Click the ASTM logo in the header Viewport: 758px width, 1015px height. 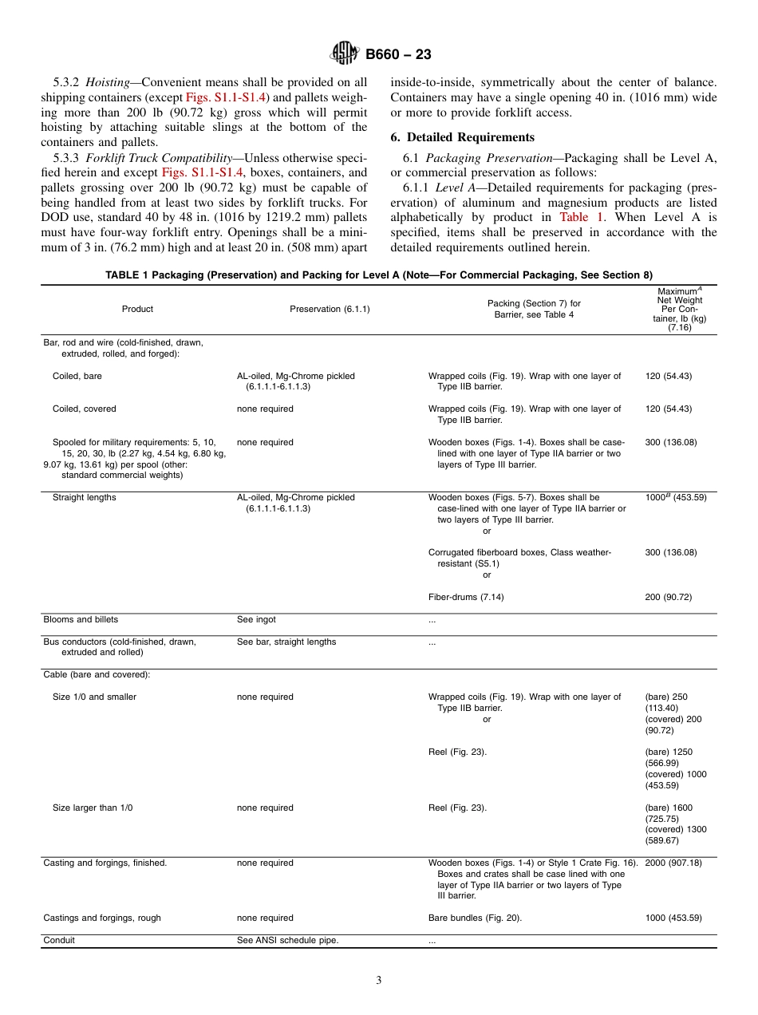pyautogui.click(x=345, y=54)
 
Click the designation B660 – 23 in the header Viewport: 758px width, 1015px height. pyautogui.click(x=398, y=55)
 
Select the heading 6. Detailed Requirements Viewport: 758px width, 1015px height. pyautogui.click(x=463, y=137)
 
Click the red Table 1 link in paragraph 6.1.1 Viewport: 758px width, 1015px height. pyautogui.click(x=574, y=217)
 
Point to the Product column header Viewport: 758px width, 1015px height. pyautogui.click(x=137, y=309)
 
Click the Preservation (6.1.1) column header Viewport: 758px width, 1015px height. pyautogui.click(x=330, y=309)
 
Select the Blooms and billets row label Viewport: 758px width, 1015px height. pyautogui.click(x=81, y=619)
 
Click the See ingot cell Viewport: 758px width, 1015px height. pyautogui.click(x=256, y=619)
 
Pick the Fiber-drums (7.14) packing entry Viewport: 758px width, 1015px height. pyautogui.click(x=466, y=597)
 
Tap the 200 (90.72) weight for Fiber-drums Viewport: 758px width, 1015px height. pyautogui.click(x=668, y=597)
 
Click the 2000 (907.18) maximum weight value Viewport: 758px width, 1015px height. pyautogui.click(x=673, y=863)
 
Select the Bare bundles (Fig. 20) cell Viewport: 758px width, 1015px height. pyautogui.click(x=475, y=918)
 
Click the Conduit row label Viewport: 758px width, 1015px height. pyautogui.click(x=59, y=940)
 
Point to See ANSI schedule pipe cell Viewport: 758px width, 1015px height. pyautogui.click(x=287, y=940)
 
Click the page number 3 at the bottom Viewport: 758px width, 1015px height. pyautogui.click(x=379, y=981)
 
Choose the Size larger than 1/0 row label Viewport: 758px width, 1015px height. pyautogui.click(x=93, y=808)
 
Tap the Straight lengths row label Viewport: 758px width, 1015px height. pyautogui.click(x=84, y=497)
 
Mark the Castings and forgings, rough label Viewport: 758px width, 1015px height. pyautogui.click(x=102, y=918)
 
